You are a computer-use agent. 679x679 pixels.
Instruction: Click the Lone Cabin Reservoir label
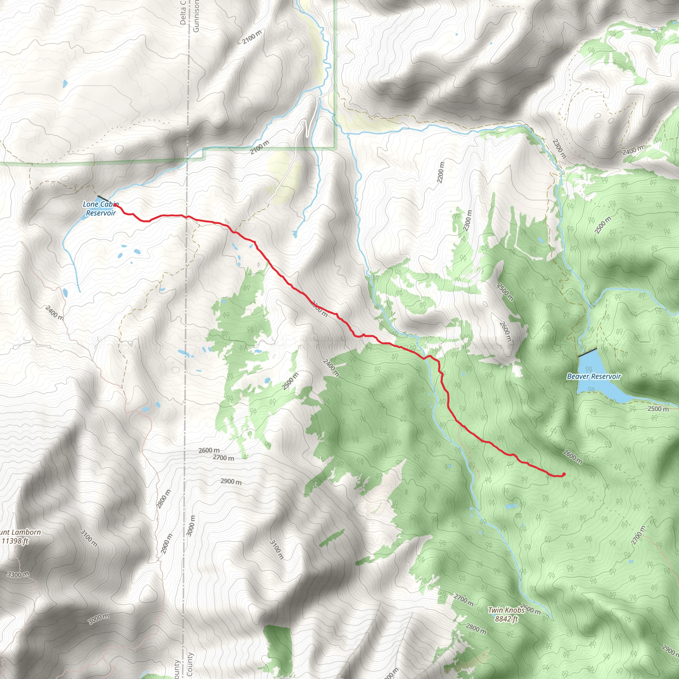(101, 209)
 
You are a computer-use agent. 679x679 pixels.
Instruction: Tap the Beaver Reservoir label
(594, 376)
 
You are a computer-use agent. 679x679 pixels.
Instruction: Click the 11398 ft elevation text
(15, 541)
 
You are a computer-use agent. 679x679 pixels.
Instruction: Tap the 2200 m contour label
(441, 172)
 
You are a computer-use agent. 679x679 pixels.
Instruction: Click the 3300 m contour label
(18, 575)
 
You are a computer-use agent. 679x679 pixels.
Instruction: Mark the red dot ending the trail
(564, 474)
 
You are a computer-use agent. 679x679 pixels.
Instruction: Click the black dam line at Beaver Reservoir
(587, 352)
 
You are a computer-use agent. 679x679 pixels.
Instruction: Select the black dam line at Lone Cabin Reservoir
(103, 199)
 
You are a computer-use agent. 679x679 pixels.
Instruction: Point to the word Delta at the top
(183, 13)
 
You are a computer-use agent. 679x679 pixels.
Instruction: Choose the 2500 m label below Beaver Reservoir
(658, 409)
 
